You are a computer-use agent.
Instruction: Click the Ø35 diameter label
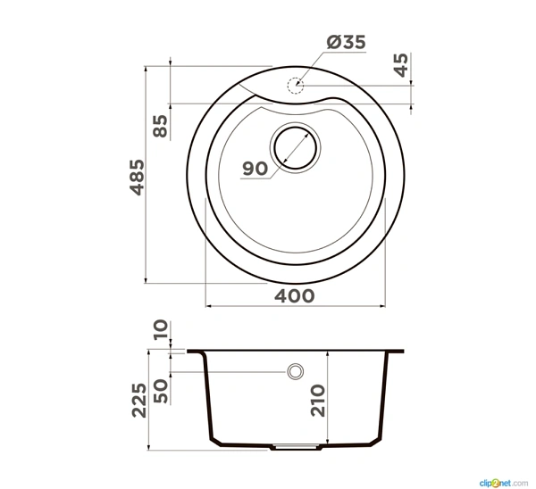pyautogui.click(x=346, y=42)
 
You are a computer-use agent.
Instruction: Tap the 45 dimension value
pyautogui.click(x=401, y=65)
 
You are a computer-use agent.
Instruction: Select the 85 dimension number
pyautogui.click(x=160, y=126)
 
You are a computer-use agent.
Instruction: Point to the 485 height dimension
pyautogui.click(x=138, y=178)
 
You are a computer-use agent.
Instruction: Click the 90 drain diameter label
pyautogui.click(x=255, y=169)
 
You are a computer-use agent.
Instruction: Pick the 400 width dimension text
pyautogui.click(x=294, y=296)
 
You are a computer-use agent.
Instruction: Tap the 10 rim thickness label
pyautogui.click(x=161, y=329)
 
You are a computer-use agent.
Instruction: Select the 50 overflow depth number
pyautogui.click(x=160, y=391)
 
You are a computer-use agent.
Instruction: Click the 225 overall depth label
pyautogui.click(x=139, y=401)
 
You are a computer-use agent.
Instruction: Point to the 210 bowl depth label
pyautogui.click(x=317, y=401)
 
